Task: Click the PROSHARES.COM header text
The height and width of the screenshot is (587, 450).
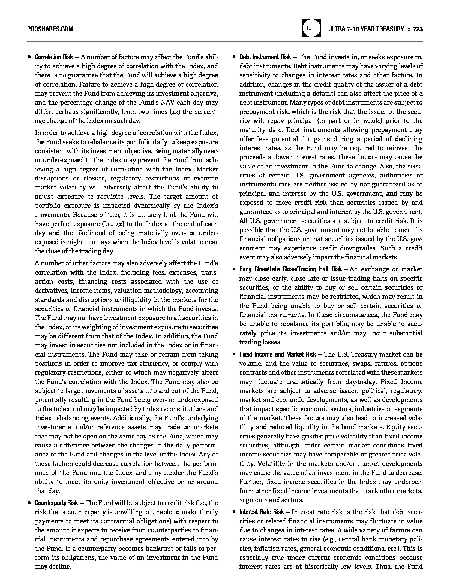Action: pyautogui.click(x=50, y=29)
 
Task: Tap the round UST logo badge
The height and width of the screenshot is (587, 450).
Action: pyautogui.click(x=311, y=28)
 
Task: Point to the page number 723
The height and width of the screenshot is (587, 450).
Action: pyautogui.click(x=418, y=29)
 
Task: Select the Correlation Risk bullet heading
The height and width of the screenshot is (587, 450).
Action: pyautogui.click(x=54, y=57)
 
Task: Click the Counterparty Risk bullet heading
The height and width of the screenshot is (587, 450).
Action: pyautogui.click(x=56, y=503)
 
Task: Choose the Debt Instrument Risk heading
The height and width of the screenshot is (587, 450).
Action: pyautogui.click(x=265, y=57)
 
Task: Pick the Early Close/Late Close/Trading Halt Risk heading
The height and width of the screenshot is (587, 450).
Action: pyautogui.click(x=290, y=269)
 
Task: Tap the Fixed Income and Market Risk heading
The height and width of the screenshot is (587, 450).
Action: pyautogui.click(x=278, y=354)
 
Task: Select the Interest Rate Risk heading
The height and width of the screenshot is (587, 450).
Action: pyautogui.click(x=262, y=512)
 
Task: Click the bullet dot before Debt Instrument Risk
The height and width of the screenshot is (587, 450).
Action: pyautogui.click(x=234, y=57)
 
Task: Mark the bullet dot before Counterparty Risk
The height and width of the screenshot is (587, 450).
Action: pyautogui.click(x=29, y=503)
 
